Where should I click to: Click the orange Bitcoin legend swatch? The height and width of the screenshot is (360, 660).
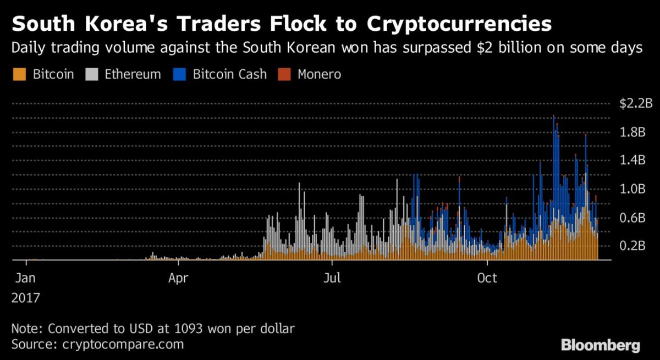(19, 74)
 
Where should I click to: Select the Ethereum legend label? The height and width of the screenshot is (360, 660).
(133, 74)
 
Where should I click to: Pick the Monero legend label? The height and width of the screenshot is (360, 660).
(319, 74)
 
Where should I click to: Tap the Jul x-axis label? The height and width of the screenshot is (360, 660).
(332, 278)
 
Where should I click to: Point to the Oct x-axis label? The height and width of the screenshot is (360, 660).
(487, 278)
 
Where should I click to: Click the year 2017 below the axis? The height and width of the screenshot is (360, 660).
(25, 298)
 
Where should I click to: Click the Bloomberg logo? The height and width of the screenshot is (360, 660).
(601, 345)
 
